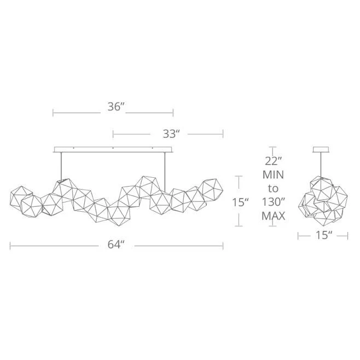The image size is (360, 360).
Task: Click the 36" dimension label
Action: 116,107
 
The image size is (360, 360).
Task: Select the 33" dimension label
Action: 171,134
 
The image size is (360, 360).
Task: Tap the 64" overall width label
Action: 116,245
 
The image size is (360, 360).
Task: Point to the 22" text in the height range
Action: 273,161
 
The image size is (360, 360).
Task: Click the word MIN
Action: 273,175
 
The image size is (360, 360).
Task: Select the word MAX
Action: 273,216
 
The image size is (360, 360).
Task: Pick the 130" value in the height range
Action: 273,202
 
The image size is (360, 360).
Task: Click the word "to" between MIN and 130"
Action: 273,189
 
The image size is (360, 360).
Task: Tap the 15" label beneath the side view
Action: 324,235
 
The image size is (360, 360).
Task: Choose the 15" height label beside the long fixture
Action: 240,202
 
